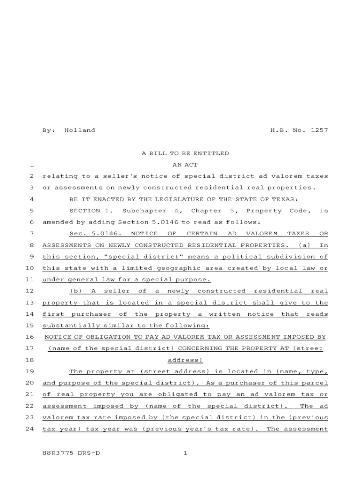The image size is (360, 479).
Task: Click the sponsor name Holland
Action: click(79, 130)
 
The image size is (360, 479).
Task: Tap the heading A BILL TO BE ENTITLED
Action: click(185, 153)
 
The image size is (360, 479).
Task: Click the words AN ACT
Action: click(185, 165)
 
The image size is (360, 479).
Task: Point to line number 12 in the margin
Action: click(31, 291)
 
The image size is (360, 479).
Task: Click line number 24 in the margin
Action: click(31, 429)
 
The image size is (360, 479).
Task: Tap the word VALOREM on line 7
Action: click(262, 233)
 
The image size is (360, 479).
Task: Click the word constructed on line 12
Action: click(222, 291)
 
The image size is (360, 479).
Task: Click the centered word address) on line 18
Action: click(185, 360)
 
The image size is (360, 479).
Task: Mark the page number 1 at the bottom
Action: click(185, 453)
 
